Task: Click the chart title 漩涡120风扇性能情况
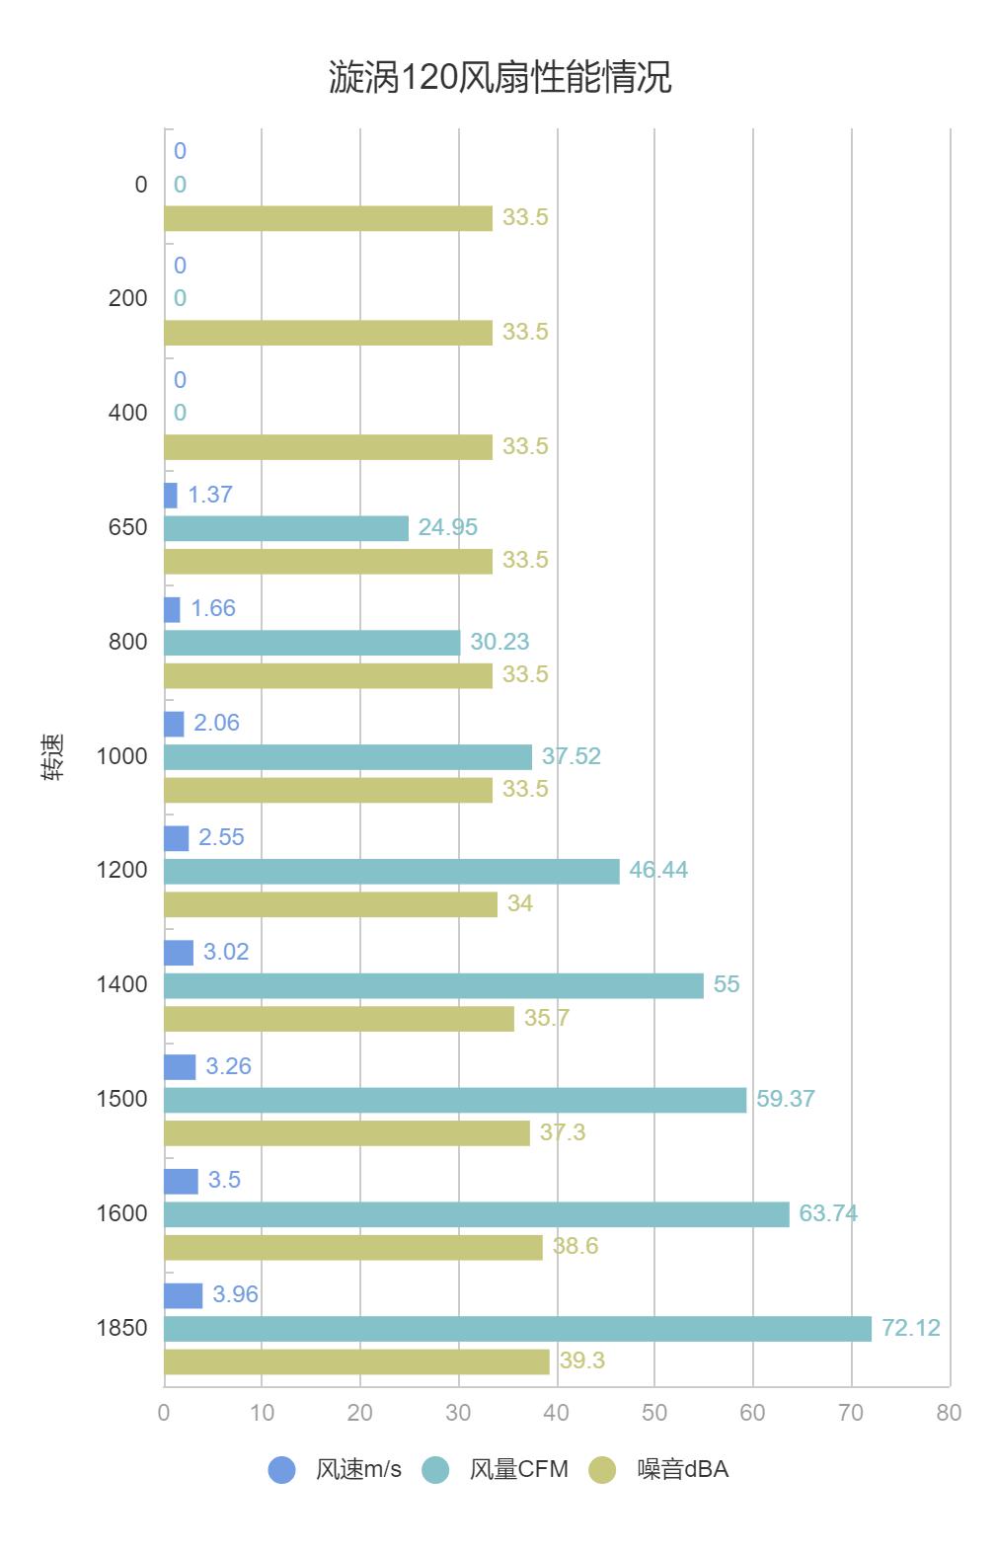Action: (499, 77)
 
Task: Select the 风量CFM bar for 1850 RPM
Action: (517, 1329)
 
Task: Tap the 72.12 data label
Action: (910, 1328)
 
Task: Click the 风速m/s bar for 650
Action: (171, 496)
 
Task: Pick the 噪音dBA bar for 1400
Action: (339, 1019)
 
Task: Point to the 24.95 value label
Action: (447, 527)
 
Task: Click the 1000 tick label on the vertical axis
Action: (121, 756)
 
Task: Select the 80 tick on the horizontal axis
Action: (949, 1413)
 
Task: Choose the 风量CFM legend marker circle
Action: (435, 1470)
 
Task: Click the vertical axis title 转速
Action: (53, 757)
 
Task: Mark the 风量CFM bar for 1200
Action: (391, 871)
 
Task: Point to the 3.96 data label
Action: (235, 1294)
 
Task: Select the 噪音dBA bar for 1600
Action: (352, 1248)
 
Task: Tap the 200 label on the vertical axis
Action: (127, 298)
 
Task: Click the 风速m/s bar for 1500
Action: (180, 1067)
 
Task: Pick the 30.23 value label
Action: (499, 642)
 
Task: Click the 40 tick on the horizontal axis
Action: (556, 1413)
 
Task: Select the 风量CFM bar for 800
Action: (312, 643)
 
